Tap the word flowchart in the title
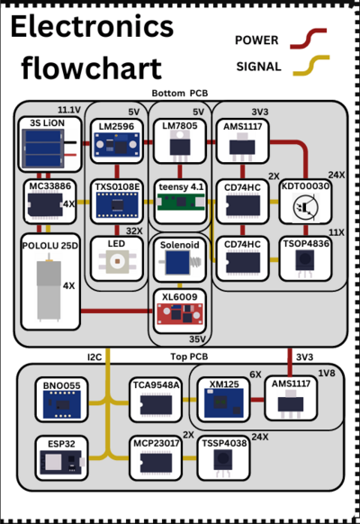pyautogui.click(x=91, y=68)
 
